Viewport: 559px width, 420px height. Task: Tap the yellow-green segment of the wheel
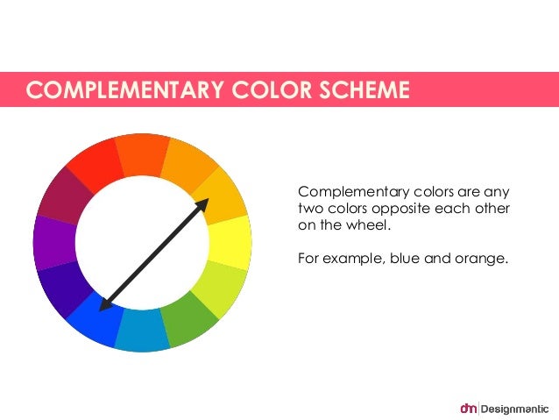222,287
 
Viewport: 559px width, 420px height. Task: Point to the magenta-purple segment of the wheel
54,241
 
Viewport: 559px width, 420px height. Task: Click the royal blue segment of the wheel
94,320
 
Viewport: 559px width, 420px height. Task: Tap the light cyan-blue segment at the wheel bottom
141,331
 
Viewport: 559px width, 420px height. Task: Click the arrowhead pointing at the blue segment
105,305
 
